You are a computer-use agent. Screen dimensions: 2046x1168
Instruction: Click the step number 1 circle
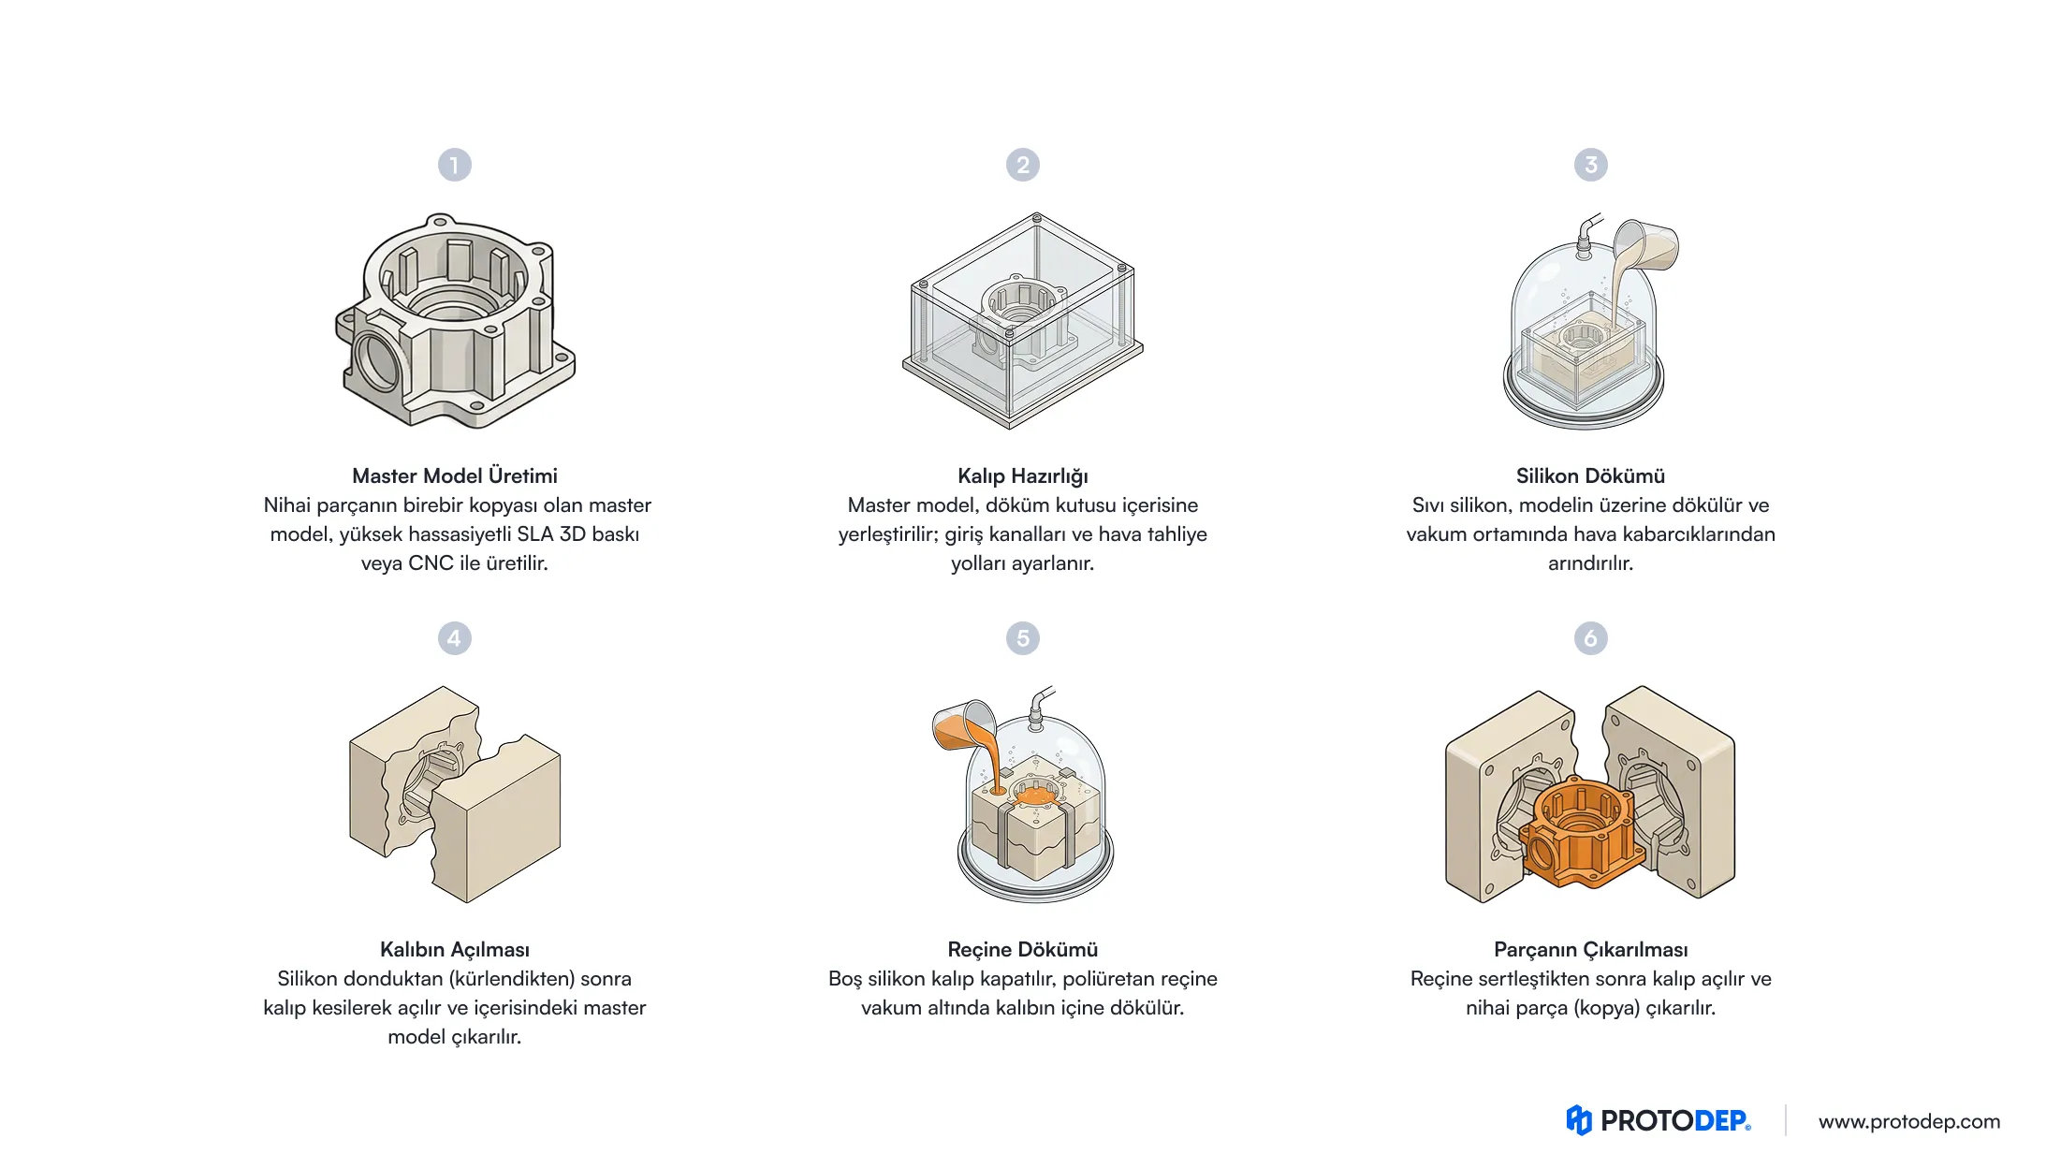[455, 166]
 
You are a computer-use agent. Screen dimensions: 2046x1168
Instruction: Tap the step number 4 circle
[455, 638]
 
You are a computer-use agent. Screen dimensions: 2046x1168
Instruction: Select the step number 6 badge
[1590, 638]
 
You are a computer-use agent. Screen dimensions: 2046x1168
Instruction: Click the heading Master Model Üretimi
[455, 475]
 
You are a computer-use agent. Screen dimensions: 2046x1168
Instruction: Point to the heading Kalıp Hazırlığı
[1023, 476]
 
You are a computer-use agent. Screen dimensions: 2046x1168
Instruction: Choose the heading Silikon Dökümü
[1590, 475]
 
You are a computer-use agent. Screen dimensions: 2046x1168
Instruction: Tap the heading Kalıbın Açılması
[455, 950]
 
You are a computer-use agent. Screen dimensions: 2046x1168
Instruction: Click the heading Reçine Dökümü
[1023, 950]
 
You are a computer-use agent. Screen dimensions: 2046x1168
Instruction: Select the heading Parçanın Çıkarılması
[1590, 950]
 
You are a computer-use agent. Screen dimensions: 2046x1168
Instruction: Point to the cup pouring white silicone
[1647, 244]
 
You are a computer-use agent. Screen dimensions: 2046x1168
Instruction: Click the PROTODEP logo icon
[1579, 1120]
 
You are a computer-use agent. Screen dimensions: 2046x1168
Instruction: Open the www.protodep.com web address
[1909, 1121]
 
